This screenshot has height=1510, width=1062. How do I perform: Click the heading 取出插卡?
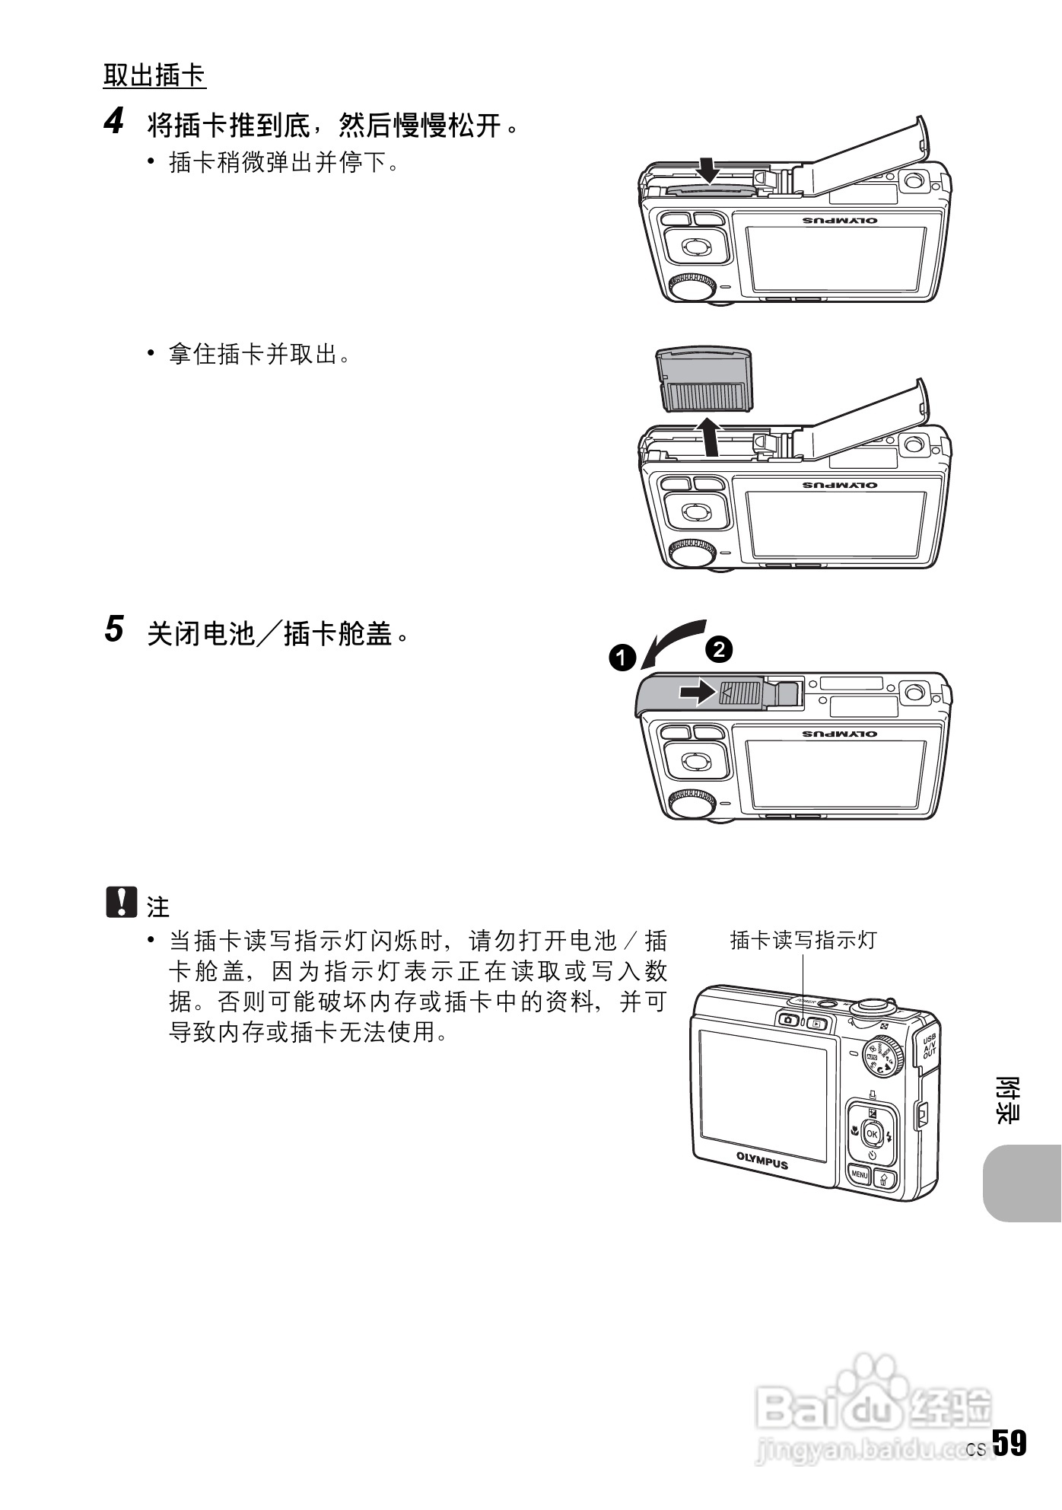pyautogui.click(x=154, y=75)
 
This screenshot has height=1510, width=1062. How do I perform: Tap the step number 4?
pyautogui.click(x=113, y=122)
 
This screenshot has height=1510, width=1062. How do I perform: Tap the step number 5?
pyautogui.click(x=113, y=629)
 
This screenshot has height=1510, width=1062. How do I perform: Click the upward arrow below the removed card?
pyautogui.click(x=709, y=437)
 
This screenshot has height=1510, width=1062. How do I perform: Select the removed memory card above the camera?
pyautogui.click(x=704, y=379)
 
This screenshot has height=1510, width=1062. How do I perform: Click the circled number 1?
pyautogui.click(x=622, y=657)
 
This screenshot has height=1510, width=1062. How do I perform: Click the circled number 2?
pyautogui.click(x=718, y=648)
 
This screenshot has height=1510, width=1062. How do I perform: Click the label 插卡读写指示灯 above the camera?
pyautogui.click(x=803, y=940)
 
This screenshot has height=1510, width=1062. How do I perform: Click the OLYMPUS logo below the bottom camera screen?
pyautogui.click(x=762, y=1160)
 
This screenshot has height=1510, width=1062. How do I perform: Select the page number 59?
pyautogui.click(x=1009, y=1443)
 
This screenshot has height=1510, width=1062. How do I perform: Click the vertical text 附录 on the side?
pyautogui.click(x=1009, y=1100)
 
